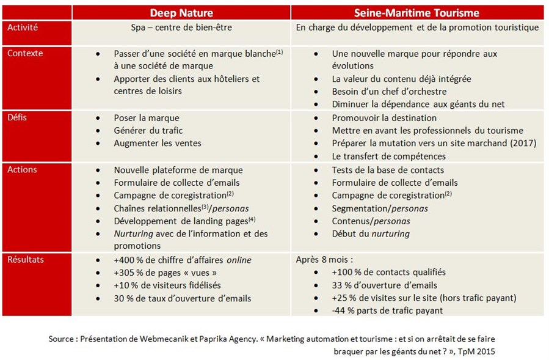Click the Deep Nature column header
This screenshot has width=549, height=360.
pyautogui.click(x=182, y=12)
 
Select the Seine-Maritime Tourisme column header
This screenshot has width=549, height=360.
pyautogui.click(x=417, y=12)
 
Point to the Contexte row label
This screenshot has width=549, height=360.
pyautogui.click(x=25, y=53)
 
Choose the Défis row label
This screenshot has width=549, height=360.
pyautogui.click(x=19, y=117)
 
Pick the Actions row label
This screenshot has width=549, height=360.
pyautogui.click(x=22, y=169)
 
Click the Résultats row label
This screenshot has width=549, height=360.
pyautogui.click(x=26, y=259)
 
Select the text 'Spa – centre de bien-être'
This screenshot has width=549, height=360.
pyautogui.click(x=181, y=28)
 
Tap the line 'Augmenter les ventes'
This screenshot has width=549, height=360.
pyautogui.click(x=157, y=143)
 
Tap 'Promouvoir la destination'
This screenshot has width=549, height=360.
pyautogui.click(x=384, y=117)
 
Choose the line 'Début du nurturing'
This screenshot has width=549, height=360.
pyautogui.click(x=371, y=233)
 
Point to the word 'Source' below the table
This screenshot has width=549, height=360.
pyautogui.click(x=62, y=339)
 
